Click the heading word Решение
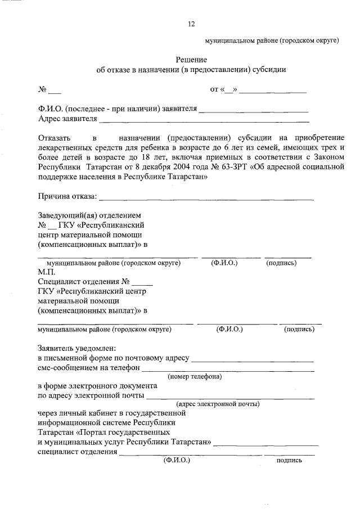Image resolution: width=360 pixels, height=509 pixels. coord(191,60)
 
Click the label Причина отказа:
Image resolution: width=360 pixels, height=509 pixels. coord(67,196)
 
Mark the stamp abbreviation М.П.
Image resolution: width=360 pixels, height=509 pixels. coord(47,271)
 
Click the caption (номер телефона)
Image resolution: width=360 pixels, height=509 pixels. coord(195,376)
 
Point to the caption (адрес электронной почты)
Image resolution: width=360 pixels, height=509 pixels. coord(217,404)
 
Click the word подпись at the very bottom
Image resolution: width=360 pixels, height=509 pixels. coord(289,460)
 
